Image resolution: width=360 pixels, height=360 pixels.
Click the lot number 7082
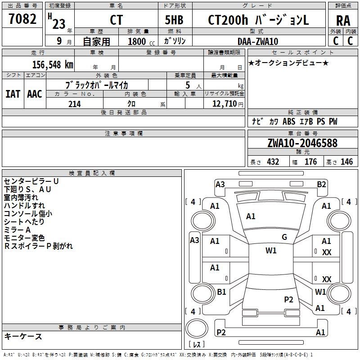(22, 20)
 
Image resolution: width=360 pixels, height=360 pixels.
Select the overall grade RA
(343, 21)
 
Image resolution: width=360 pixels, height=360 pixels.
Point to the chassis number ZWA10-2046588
(302, 143)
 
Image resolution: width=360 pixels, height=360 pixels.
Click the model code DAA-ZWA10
(258, 41)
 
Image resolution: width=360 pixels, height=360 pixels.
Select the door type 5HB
(174, 21)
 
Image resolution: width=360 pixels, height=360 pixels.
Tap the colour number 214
(74, 104)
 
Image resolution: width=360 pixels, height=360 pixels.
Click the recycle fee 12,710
(225, 104)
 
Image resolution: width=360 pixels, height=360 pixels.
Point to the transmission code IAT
(13, 94)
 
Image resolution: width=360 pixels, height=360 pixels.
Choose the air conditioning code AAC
(34, 94)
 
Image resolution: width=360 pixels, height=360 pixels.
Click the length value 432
(273, 162)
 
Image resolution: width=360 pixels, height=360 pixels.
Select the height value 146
(346, 162)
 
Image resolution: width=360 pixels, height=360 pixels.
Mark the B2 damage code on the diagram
(321, 184)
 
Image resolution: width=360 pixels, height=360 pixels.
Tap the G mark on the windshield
(284, 237)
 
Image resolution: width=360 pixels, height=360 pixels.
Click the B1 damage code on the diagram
(221, 292)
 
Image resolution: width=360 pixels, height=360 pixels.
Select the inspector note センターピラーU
(31, 181)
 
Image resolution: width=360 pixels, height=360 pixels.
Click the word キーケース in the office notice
(23, 336)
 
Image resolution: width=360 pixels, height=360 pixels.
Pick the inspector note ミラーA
(18, 230)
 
